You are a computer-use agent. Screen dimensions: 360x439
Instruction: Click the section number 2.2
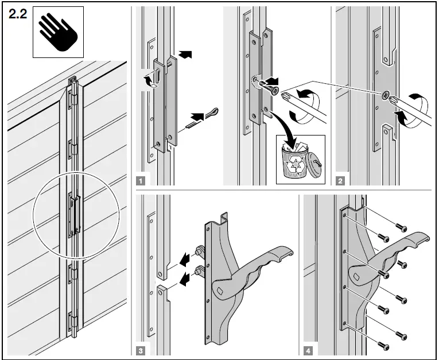click(18, 16)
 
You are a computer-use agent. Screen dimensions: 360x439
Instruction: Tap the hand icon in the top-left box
click(58, 32)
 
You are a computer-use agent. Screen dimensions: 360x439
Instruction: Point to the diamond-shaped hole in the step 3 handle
click(220, 290)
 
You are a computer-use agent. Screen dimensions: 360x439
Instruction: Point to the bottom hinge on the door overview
click(72, 322)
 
